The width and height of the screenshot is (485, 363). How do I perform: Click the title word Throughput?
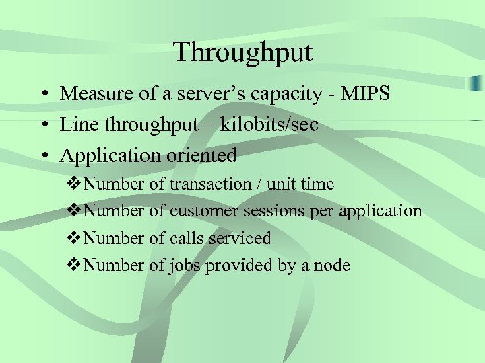click(x=243, y=52)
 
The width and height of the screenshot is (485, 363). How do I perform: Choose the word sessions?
click(x=273, y=211)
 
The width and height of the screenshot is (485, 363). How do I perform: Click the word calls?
click(x=189, y=238)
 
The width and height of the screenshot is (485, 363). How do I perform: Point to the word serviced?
click(x=240, y=238)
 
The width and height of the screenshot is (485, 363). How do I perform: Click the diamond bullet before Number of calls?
click(x=75, y=238)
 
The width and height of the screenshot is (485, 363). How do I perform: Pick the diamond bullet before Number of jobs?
click(x=75, y=266)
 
